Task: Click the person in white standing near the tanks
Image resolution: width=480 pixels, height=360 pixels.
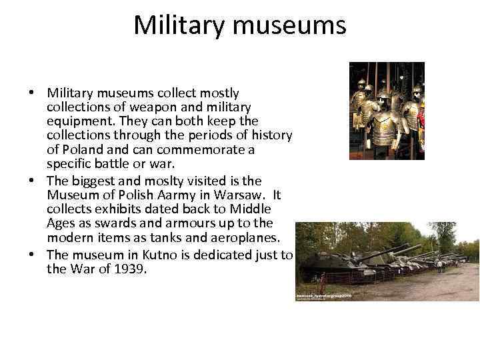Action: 440,265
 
